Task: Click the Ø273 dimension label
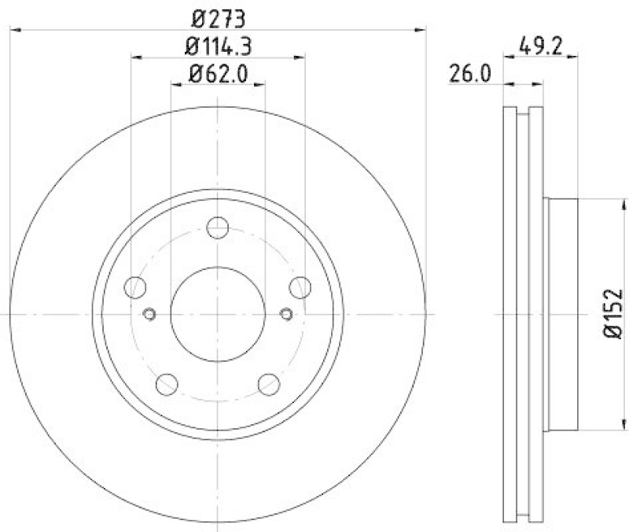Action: [x=217, y=15]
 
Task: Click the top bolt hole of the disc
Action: [x=217, y=228]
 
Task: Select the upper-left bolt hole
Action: [x=136, y=287]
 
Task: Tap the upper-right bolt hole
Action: [x=299, y=287]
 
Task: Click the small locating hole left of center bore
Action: [x=149, y=314]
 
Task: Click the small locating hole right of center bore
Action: [x=286, y=314]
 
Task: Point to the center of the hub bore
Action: [x=217, y=313]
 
